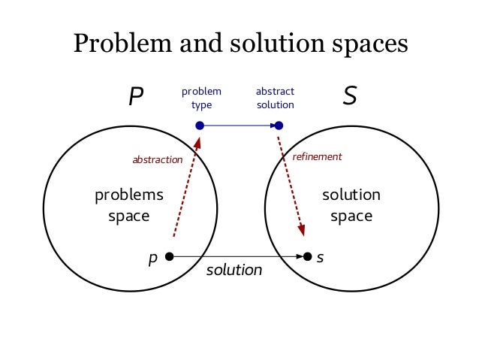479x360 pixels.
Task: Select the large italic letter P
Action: (x=136, y=97)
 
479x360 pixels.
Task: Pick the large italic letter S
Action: (x=349, y=97)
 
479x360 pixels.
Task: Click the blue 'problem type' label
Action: (x=201, y=98)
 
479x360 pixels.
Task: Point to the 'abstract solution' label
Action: (x=276, y=98)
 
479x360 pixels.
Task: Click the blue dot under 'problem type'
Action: (x=200, y=126)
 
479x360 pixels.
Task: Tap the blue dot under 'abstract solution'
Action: (x=279, y=126)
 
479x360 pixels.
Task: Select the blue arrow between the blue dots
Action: (x=239, y=126)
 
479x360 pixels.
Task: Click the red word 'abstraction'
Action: (x=158, y=159)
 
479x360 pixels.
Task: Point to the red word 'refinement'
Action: (x=317, y=156)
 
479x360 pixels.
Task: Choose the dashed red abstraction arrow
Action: (x=186, y=188)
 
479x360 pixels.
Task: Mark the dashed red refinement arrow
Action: (x=291, y=184)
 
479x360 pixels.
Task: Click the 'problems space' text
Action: (x=129, y=206)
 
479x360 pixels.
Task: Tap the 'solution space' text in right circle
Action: (x=351, y=206)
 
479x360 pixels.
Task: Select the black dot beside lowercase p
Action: (x=170, y=256)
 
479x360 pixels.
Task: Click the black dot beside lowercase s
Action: (x=307, y=256)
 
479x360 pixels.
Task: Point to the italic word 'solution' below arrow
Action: (x=234, y=269)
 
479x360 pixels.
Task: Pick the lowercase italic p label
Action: (x=153, y=258)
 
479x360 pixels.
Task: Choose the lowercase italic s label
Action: (x=321, y=257)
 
